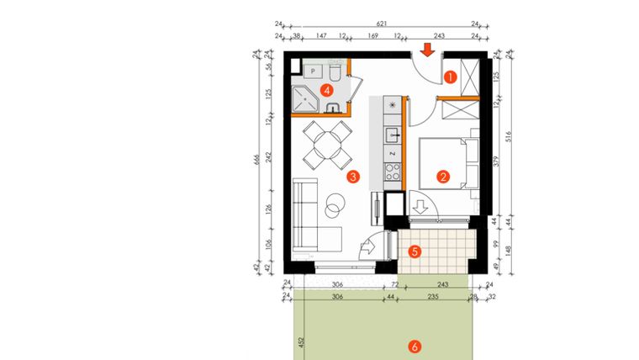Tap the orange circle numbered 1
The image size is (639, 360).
450,77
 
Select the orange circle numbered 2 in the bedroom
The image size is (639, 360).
441,177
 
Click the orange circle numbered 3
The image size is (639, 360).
354,177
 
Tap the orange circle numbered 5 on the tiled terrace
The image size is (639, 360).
412,251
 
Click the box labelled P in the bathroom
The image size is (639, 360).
312,72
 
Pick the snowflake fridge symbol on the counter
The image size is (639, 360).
392,105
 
